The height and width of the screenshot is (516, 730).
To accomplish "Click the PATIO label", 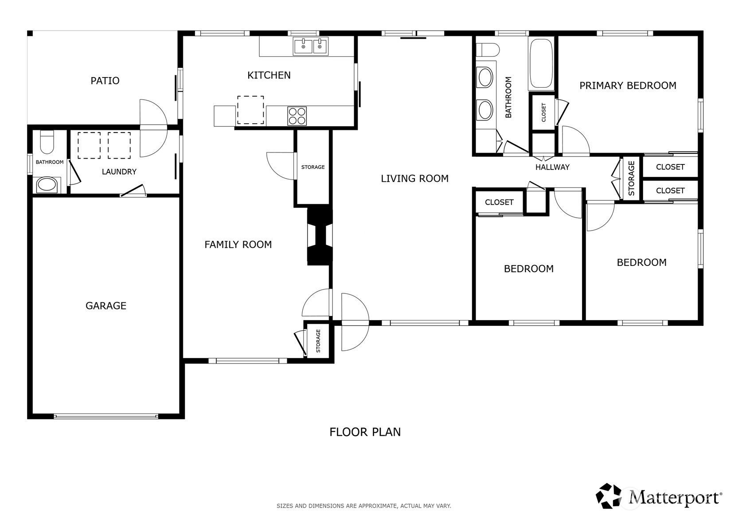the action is pos(105,81).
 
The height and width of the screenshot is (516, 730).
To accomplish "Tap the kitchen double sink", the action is pos(311,46).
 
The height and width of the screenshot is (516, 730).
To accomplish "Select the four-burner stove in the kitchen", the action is pos(297,116).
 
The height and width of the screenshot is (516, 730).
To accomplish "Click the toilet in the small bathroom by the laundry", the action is pos(47,142).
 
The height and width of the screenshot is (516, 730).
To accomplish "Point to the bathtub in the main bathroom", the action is pos(541,63).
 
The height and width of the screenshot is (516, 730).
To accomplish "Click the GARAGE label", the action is pos(106,306).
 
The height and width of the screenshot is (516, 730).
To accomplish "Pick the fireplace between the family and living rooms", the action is pos(320,236).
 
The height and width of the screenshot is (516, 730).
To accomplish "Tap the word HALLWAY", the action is pos(552,167).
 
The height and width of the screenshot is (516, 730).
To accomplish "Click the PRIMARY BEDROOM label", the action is pos(628,86).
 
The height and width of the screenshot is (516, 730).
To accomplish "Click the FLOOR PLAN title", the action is pos(365,432).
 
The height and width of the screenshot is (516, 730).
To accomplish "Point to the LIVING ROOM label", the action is pos(414,179).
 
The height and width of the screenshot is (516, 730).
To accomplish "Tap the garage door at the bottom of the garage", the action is pos(106,416).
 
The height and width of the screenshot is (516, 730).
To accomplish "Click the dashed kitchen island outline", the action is pos(250,110).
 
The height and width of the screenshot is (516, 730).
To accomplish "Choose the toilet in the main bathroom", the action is pos(488,50).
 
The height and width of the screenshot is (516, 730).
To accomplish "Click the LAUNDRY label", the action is pos(119,172).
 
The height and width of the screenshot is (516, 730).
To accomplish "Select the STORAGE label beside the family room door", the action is pos(313,167).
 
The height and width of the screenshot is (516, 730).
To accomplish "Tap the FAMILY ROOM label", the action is pos(238,244).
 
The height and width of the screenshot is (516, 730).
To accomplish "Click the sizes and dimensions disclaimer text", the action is pos(364,506).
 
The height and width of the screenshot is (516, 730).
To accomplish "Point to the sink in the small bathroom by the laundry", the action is pos(47,185).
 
